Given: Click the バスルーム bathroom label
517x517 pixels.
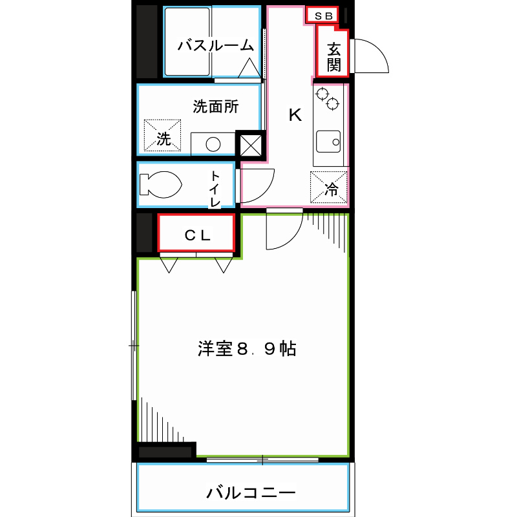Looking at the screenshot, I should coord(215,45).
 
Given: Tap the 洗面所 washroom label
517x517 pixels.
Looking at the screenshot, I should coord(216,107).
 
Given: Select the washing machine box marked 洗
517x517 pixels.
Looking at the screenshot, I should coord(163,136).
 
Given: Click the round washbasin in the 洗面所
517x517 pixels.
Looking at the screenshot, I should coord(211,143).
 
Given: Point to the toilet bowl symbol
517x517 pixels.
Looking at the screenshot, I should coord(160,184).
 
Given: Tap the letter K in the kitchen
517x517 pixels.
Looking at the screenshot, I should coord(295,116).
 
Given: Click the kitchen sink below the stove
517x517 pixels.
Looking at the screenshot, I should coord(328,141).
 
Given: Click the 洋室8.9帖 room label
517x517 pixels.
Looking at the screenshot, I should coord(247,350).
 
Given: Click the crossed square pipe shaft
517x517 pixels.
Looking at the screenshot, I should coord(251,145).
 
